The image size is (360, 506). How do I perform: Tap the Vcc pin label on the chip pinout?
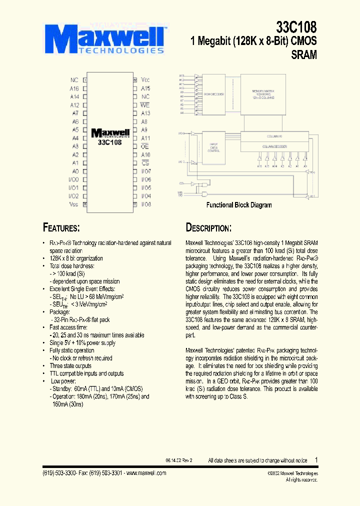click(145, 80)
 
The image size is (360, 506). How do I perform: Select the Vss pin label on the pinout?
click(73, 204)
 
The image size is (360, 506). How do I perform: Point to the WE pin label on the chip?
click(145, 105)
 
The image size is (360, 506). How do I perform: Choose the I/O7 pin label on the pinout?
click(146, 171)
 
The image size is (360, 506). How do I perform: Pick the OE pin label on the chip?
click(145, 146)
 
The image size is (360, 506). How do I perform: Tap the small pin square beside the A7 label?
click(84, 113)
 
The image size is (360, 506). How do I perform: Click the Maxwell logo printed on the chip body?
click(110, 133)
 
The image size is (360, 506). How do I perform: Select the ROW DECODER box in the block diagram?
click(213, 94)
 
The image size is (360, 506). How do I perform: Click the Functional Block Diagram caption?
click(239, 205)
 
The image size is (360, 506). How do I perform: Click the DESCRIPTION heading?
click(208, 228)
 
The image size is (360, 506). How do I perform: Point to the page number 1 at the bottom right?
click(316, 459)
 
